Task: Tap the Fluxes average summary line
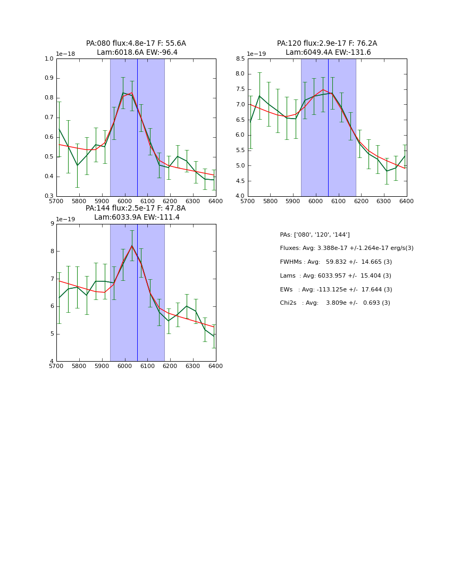click(x=346, y=248)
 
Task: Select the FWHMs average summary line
click(x=336, y=262)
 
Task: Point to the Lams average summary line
click(x=335, y=276)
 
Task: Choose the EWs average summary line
click(x=336, y=290)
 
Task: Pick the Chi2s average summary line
click(x=334, y=303)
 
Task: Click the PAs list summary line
click(x=315, y=235)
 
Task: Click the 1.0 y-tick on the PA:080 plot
click(x=49, y=59)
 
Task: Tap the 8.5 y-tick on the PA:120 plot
click(x=240, y=59)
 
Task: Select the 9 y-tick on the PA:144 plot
click(x=52, y=224)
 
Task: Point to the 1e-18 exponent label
click(x=65, y=54)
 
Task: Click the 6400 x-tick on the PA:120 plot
click(x=406, y=202)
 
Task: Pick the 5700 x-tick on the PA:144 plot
click(x=56, y=366)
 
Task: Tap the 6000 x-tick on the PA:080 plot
click(x=124, y=202)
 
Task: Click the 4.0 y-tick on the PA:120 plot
click(x=240, y=196)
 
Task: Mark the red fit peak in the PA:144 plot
click(x=132, y=245)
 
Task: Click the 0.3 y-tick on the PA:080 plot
click(x=49, y=196)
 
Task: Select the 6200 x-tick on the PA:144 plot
click(x=170, y=366)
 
